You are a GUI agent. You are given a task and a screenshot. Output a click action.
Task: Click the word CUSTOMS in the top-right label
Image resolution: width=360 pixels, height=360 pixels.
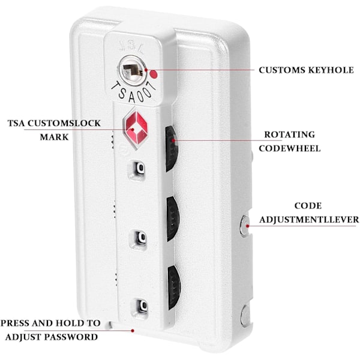pos(281,70)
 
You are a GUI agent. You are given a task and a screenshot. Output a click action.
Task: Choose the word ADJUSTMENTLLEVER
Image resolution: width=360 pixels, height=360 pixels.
pos(310,220)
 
